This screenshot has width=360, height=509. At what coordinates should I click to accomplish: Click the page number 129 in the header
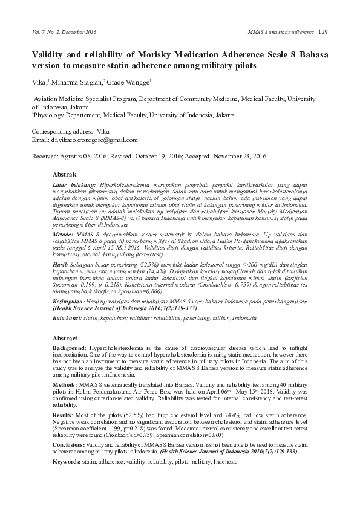tap(322, 31)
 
